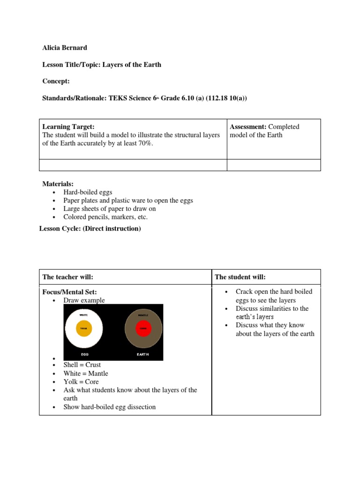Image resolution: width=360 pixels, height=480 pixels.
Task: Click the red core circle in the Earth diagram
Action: pyautogui.click(x=143, y=329)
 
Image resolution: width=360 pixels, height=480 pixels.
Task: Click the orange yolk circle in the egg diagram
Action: pyautogui.click(x=84, y=329)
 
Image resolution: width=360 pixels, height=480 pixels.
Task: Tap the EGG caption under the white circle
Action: pyautogui.click(x=84, y=354)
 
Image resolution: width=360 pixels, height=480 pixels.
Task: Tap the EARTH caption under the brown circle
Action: pyautogui.click(x=143, y=354)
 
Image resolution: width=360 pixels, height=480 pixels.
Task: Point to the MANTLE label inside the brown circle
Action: pyautogui.click(x=143, y=315)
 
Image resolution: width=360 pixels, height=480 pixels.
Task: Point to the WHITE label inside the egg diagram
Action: pyautogui.click(x=84, y=315)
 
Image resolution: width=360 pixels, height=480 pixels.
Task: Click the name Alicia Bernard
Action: pyautogui.click(x=65, y=48)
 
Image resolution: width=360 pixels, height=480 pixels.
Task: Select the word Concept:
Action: pyautogui.click(x=56, y=81)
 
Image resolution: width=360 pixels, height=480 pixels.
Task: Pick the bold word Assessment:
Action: pyautogui.click(x=248, y=127)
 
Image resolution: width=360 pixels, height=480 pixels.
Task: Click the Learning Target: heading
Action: pyautogui.click(x=68, y=127)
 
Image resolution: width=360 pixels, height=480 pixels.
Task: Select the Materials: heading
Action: pyautogui.click(x=58, y=184)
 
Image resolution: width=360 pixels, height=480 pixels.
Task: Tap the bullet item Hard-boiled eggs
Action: pyautogui.click(x=88, y=192)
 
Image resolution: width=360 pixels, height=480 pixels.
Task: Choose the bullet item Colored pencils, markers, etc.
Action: pyautogui.click(x=105, y=217)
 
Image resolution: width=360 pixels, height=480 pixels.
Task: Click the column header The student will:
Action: pyautogui.click(x=240, y=277)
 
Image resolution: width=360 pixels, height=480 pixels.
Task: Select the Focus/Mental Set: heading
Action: pyautogui.click(x=70, y=292)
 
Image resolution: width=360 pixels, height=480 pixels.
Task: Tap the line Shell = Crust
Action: pyautogui.click(x=82, y=365)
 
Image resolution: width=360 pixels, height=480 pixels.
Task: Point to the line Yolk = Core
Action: pyautogui.click(x=81, y=382)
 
